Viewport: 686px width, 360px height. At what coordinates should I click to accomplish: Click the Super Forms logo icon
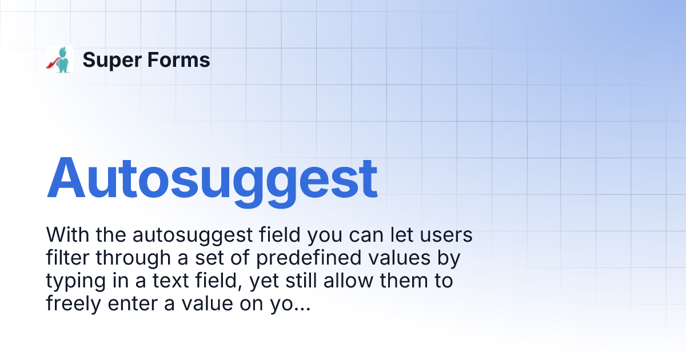coord(59,59)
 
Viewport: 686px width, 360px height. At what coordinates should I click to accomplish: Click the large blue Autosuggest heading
coord(212,178)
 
